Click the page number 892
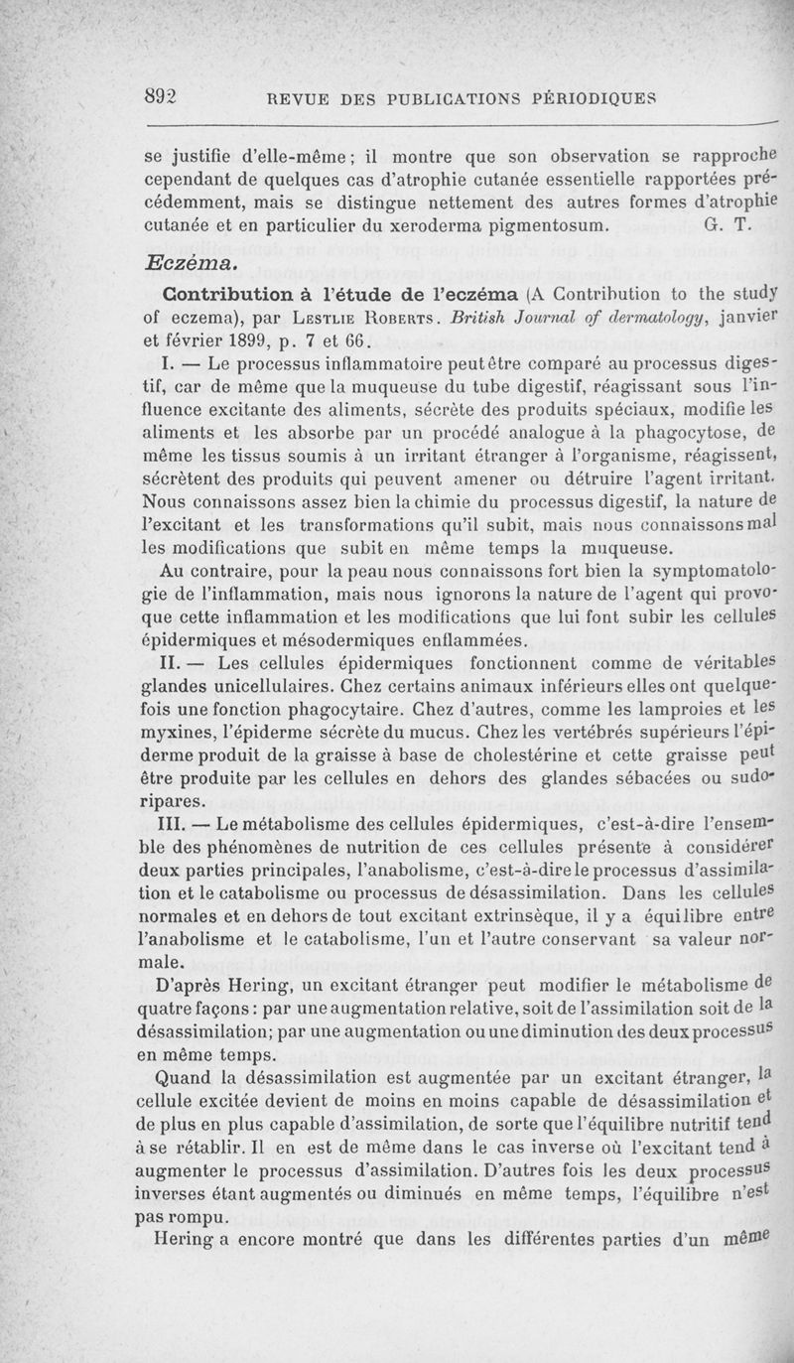coord(160,95)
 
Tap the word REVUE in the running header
coord(286,98)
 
